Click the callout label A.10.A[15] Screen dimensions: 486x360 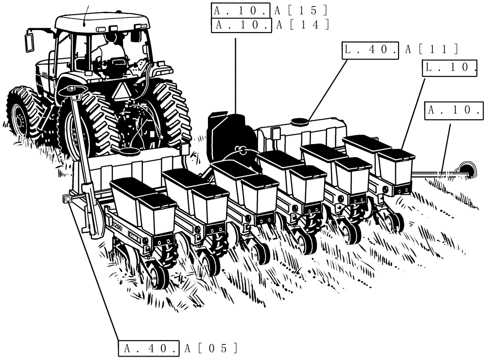270,9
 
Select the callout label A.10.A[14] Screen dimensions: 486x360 270,25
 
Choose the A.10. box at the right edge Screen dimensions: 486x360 454,109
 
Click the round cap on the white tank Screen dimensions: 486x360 299,121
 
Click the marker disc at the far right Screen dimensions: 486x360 467,169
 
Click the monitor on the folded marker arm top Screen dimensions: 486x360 71,90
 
